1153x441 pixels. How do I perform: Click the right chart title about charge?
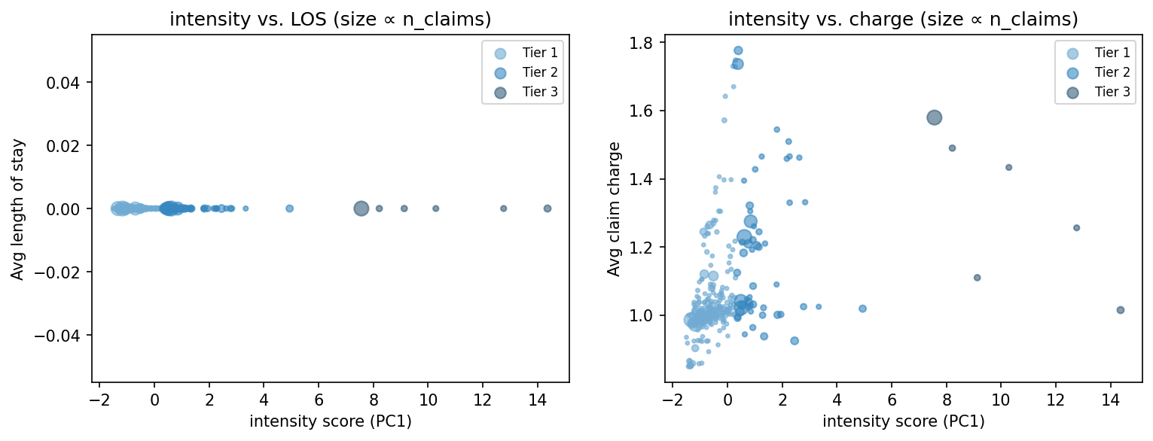[903, 20]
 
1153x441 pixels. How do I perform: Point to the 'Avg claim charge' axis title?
[615, 208]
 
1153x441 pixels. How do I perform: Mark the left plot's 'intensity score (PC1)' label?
[330, 421]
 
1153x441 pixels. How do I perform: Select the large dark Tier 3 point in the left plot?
[361, 208]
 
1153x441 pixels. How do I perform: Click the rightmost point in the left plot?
[548, 208]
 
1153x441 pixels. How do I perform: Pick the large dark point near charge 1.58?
[935, 117]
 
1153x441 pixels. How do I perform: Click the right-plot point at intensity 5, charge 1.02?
[863, 309]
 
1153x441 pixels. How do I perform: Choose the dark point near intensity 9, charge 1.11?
[978, 278]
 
